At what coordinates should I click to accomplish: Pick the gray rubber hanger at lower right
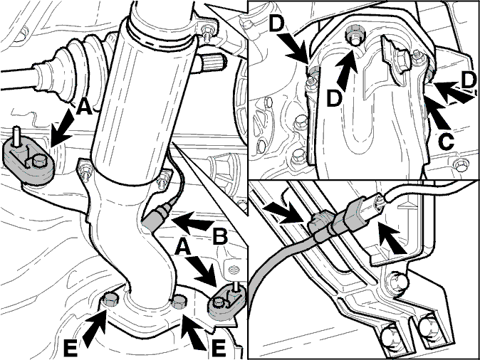point(226,301)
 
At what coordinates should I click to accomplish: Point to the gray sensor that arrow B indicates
point(157,217)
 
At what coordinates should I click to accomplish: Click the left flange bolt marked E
point(111,299)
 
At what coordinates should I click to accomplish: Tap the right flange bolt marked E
point(179,302)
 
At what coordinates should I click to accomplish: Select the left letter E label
point(71,349)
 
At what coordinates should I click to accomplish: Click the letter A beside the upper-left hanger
point(83,107)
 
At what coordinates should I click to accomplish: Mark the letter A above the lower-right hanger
point(183,247)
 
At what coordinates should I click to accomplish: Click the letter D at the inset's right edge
point(469,80)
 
